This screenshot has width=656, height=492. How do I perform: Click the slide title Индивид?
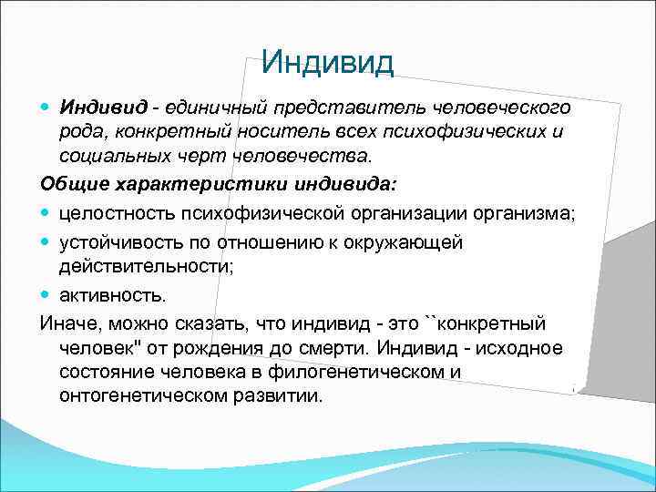pyautogui.click(x=327, y=62)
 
